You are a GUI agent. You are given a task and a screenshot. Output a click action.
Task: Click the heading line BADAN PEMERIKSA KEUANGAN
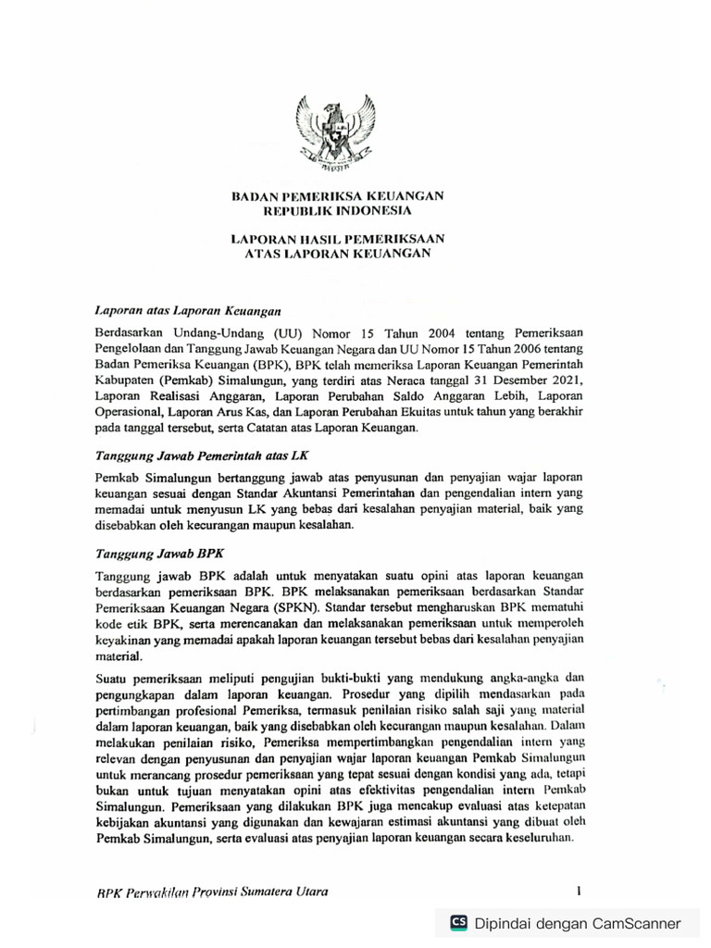(337, 195)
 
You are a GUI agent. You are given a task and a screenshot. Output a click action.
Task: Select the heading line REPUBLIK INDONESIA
(337, 210)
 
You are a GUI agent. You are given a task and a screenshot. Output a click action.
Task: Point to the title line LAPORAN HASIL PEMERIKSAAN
(337, 238)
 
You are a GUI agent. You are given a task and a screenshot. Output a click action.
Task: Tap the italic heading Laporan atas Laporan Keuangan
(188, 310)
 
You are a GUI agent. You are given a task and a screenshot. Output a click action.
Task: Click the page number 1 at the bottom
(579, 892)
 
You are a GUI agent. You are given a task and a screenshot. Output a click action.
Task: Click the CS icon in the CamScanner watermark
(458, 923)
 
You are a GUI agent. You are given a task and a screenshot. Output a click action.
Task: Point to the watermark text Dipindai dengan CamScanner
(578, 923)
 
